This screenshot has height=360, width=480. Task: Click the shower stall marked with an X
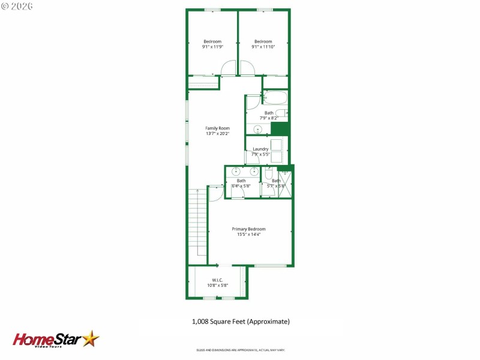point(286,185)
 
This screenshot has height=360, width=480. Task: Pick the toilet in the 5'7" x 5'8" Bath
point(269,173)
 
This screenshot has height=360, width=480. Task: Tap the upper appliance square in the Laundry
point(277,145)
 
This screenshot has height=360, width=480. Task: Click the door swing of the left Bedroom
point(229,69)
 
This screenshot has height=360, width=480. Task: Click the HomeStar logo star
point(91,339)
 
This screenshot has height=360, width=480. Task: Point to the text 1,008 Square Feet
point(241,322)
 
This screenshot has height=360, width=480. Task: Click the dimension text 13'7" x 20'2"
point(217,133)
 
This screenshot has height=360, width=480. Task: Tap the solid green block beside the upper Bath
point(280,129)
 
